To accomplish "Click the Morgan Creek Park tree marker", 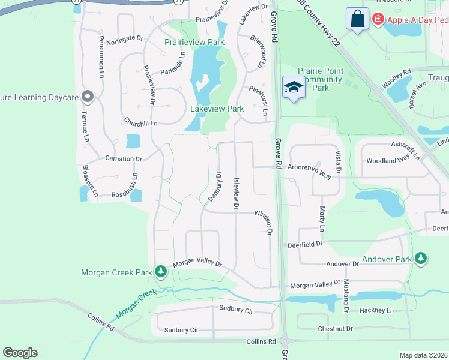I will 161,272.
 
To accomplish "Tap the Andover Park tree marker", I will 421,259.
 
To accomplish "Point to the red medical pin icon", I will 378,19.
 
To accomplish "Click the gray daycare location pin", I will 88,96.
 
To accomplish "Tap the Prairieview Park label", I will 194,42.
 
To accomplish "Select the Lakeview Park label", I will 217,109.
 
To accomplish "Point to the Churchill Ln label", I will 140,122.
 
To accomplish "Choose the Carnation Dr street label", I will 123,159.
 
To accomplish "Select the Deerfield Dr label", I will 305,244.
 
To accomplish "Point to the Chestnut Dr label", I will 336,329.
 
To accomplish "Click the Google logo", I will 20,353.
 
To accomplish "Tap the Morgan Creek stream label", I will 135,304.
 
